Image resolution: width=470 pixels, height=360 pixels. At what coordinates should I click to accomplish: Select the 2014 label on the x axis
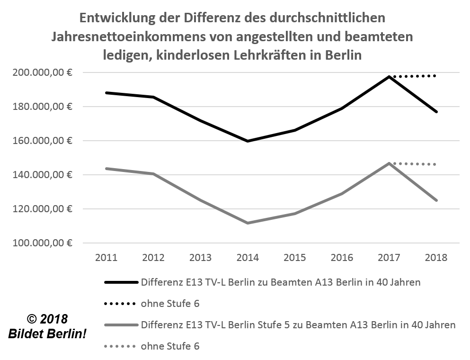click(248, 258)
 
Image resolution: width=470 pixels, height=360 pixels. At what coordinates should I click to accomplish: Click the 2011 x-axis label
click(106, 258)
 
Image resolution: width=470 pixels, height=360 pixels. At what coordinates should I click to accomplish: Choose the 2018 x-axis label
click(436, 258)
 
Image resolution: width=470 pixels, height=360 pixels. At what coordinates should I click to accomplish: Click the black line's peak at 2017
click(389, 76)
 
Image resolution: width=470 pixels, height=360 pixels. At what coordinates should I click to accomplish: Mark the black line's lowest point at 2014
click(248, 141)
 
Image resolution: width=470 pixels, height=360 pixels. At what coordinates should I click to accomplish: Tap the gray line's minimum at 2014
click(248, 223)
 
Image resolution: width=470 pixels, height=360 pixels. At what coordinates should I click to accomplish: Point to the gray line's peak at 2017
click(389, 163)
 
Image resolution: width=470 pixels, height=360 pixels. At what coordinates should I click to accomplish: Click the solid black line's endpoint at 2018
click(436, 112)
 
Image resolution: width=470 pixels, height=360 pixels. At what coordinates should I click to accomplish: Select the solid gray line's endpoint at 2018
click(436, 200)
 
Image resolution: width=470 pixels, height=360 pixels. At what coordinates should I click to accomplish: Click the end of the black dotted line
click(435, 76)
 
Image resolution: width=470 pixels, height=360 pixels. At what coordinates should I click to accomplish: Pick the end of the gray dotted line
click(435, 164)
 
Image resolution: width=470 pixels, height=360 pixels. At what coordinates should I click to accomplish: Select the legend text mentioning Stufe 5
click(298, 325)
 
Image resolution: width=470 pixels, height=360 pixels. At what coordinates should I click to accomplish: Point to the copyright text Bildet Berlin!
click(47, 334)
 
